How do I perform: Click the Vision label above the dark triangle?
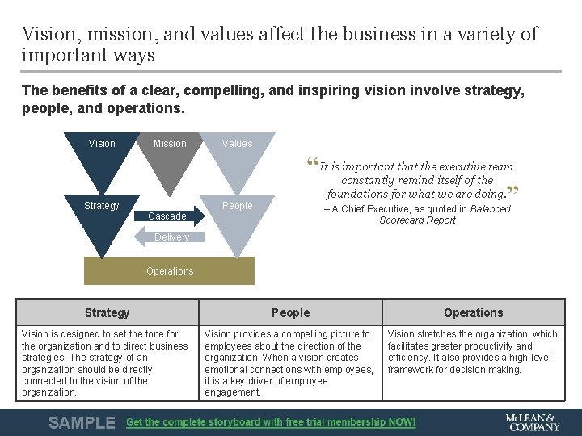click(102, 144)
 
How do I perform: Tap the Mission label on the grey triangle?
click(170, 144)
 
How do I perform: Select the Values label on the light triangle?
click(237, 144)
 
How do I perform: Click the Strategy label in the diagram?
click(102, 206)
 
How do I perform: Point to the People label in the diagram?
click(237, 206)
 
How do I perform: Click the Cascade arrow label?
click(167, 216)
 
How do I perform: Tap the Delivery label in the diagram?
click(171, 237)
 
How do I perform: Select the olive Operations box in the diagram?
click(170, 271)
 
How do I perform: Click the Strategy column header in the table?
click(108, 312)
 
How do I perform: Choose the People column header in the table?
click(291, 312)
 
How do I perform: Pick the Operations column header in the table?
click(474, 312)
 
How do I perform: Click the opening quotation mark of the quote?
click(312, 164)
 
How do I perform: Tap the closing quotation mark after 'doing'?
click(512, 192)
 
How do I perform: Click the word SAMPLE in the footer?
click(82, 422)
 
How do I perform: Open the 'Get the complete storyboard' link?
click(271, 422)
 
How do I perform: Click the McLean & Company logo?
click(532, 422)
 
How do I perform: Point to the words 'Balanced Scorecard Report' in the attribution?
click(445, 215)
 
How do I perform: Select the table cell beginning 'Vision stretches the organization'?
click(473, 352)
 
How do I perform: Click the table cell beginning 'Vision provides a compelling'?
click(289, 363)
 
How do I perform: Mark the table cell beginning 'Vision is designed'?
click(105, 363)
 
